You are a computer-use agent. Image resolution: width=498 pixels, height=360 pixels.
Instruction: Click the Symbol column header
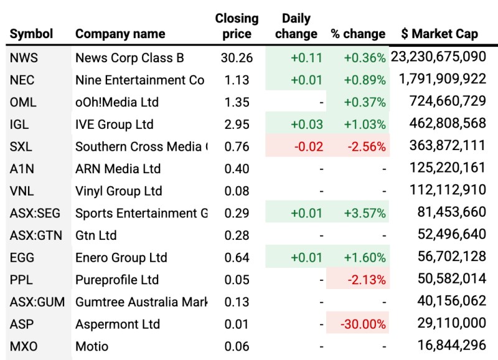[32, 34]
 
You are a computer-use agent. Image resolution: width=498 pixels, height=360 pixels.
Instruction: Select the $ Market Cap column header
[439, 34]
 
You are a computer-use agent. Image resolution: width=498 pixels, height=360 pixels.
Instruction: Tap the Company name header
[120, 34]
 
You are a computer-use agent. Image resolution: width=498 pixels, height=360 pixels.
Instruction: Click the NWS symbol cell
[24, 58]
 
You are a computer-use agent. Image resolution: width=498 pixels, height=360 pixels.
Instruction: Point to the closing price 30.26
[237, 58]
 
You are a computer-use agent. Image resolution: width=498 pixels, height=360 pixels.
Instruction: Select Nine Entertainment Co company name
[139, 80]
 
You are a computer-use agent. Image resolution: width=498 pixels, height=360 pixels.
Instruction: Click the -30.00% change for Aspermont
[363, 324]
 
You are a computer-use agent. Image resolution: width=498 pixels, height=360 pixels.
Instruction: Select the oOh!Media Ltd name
[117, 102]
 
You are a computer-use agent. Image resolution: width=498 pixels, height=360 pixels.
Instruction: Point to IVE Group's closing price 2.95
[237, 125]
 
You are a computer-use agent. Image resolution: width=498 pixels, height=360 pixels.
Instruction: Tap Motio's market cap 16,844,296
[447, 346]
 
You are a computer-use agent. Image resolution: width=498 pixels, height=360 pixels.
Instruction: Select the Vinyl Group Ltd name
[118, 191]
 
